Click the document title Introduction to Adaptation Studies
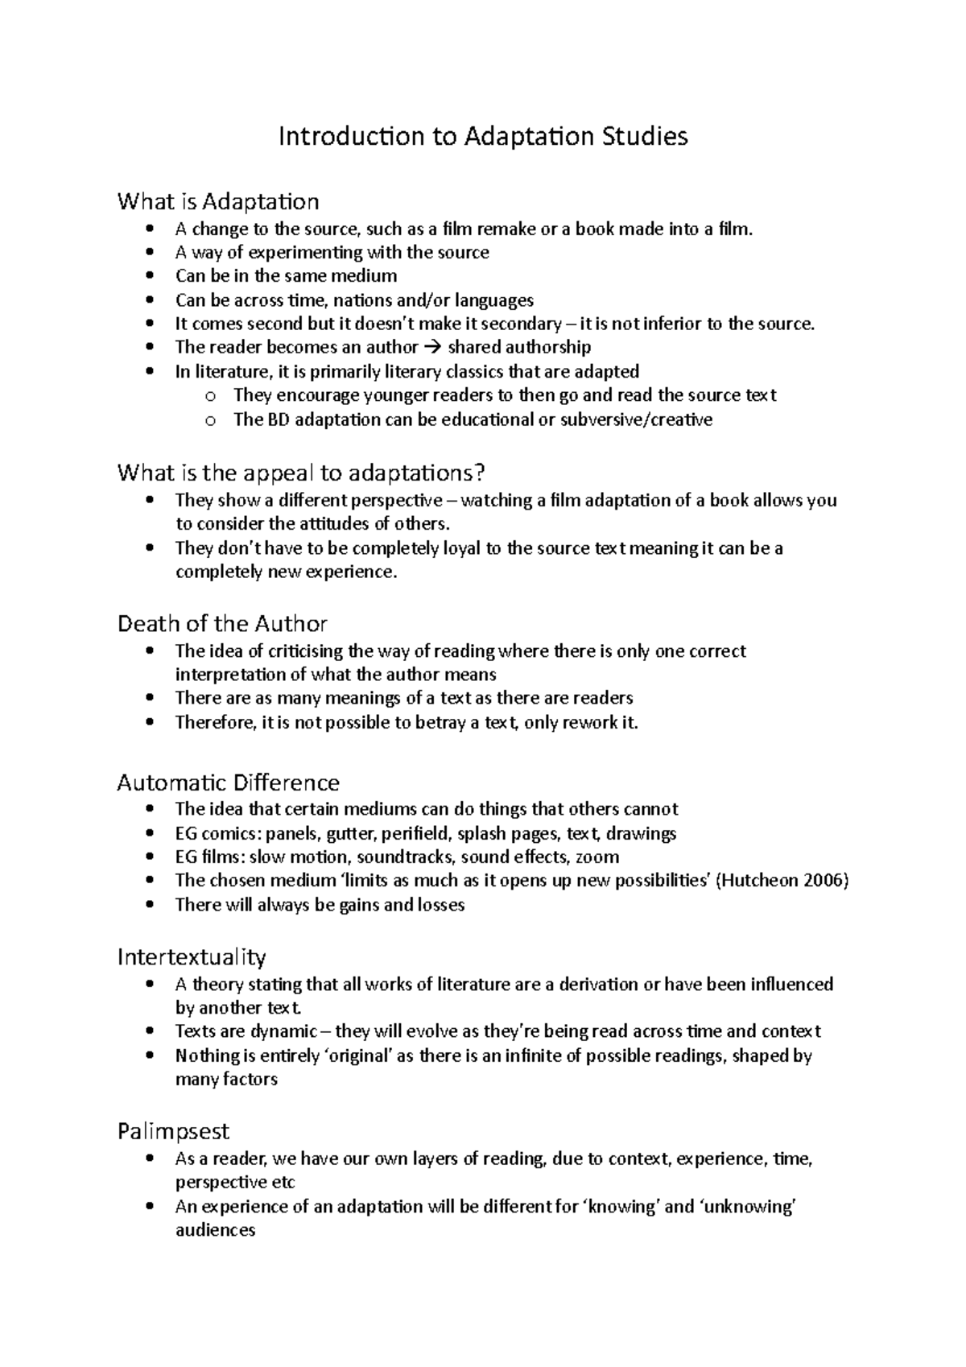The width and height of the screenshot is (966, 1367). point(483,136)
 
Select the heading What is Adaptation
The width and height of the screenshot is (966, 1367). point(218,200)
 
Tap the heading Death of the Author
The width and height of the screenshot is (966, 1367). point(222,623)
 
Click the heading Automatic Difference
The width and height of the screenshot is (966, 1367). point(228,782)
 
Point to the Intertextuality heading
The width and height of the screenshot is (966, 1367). point(192,956)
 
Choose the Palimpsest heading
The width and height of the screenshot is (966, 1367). point(173,1131)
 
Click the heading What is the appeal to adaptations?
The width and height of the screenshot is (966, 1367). point(302,472)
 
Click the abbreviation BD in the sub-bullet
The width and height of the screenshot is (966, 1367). point(270,419)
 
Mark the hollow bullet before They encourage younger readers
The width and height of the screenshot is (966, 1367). point(211,395)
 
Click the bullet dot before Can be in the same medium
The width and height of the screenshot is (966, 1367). point(150,276)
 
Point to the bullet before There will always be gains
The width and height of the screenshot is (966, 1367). point(150,905)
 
